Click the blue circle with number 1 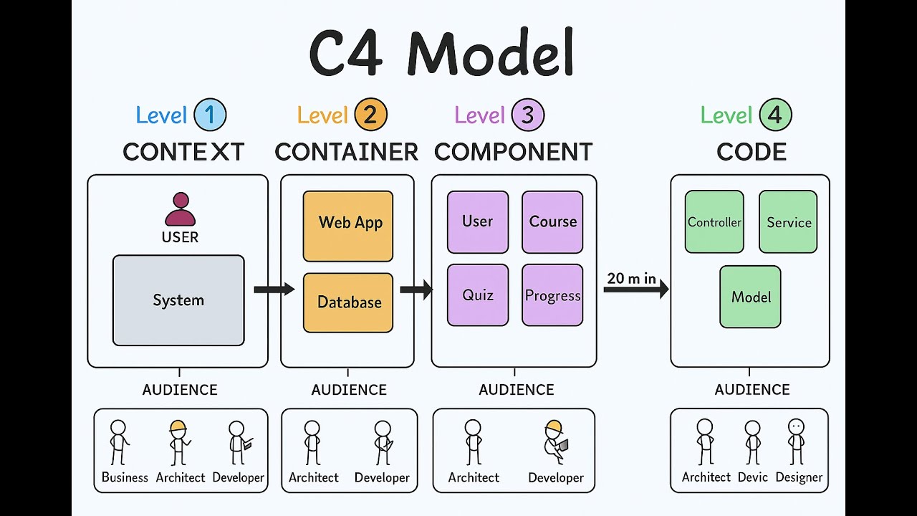tap(210, 115)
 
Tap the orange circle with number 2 tap(370, 115)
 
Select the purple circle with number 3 tap(528, 115)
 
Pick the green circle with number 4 tap(775, 115)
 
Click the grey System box tap(178, 300)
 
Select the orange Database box tap(348, 302)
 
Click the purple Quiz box tap(478, 295)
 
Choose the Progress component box tap(552, 295)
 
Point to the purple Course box tap(552, 221)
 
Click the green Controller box tap(714, 221)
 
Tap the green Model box tap(750, 297)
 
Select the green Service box tap(788, 221)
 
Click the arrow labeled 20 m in tap(635, 289)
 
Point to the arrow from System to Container tap(274, 289)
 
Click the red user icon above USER tap(180, 209)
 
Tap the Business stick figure tap(118, 442)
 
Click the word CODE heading tap(752, 152)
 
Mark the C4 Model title tap(442, 54)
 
